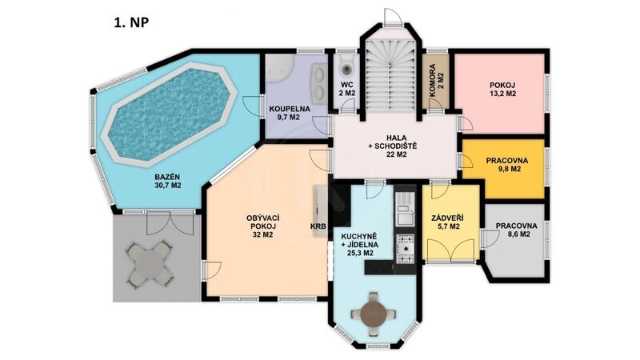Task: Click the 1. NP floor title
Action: pyautogui.click(x=131, y=23)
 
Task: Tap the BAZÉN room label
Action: pyautogui.click(x=167, y=177)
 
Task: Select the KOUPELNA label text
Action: pyautogui.click(x=290, y=109)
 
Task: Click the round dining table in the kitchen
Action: pyautogui.click(x=374, y=313)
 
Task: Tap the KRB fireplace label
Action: pyautogui.click(x=318, y=226)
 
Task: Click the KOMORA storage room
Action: pyautogui.click(x=435, y=80)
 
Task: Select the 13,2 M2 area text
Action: pyautogui.click(x=502, y=94)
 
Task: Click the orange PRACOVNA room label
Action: pyautogui.click(x=507, y=161)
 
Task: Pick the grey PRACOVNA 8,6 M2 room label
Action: pyautogui.click(x=516, y=230)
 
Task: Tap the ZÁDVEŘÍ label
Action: pyautogui.click(x=447, y=218)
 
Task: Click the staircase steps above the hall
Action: pyautogui.click(x=391, y=75)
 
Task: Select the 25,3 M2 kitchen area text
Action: pyautogui.click(x=359, y=253)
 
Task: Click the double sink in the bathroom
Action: pyautogui.click(x=319, y=83)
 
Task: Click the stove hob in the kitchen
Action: pyautogui.click(x=406, y=249)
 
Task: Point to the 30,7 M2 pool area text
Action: pyautogui.click(x=167, y=186)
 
